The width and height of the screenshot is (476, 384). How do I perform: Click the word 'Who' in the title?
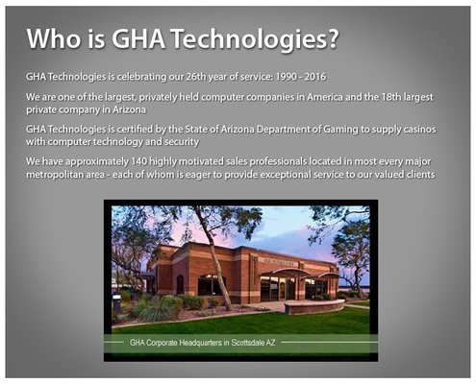(x=53, y=38)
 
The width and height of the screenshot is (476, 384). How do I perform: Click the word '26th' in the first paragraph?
(x=189, y=75)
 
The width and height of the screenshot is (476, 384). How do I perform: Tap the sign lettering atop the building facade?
(x=285, y=254)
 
